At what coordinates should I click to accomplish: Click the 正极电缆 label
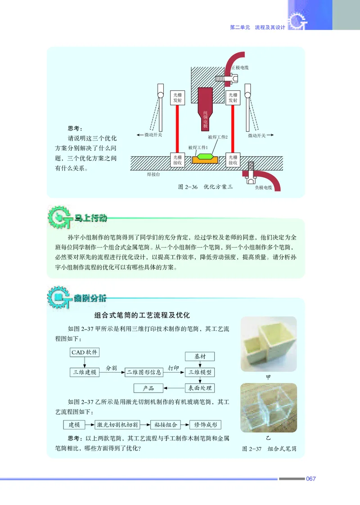[x=240, y=68]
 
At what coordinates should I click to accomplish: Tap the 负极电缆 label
[x=264, y=187]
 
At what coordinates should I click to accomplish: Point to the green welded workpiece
[x=205, y=158]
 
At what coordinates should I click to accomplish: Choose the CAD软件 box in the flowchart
[x=85, y=352]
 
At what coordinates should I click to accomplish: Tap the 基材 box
[x=200, y=356]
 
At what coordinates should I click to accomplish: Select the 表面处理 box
[x=200, y=388]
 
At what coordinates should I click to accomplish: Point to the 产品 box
[x=148, y=388]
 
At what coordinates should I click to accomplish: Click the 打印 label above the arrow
[x=173, y=368]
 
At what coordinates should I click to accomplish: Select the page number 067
[x=310, y=478]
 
